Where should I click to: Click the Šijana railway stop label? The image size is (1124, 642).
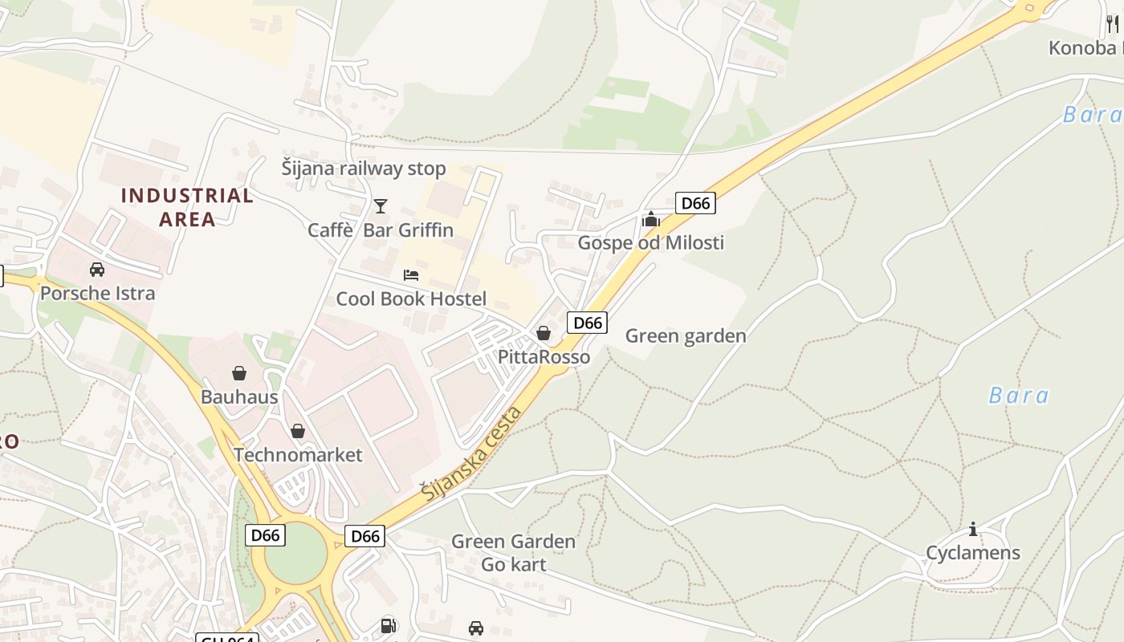click(x=363, y=169)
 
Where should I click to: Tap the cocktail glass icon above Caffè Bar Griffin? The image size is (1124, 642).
click(x=381, y=206)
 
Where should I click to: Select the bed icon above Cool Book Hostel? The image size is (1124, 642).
click(x=411, y=275)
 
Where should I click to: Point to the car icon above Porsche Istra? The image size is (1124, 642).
click(x=97, y=270)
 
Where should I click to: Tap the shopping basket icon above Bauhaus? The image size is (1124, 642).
click(x=238, y=373)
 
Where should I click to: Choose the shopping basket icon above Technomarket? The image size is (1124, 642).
click(x=298, y=431)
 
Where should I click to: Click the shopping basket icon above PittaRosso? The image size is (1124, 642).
click(x=544, y=333)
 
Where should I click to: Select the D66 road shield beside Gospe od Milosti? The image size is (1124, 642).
click(x=695, y=203)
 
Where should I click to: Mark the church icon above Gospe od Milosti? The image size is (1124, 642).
click(x=650, y=219)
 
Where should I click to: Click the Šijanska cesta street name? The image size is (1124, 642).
click(x=472, y=454)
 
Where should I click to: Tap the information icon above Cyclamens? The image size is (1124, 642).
click(x=973, y=529)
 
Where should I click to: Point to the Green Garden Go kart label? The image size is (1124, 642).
click(x=513, y=553)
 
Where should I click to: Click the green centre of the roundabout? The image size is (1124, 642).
click(x=295, y=554)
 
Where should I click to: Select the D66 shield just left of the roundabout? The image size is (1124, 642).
click(x=265, y=535)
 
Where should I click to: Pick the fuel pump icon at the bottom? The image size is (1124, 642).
click(x=388, y=626)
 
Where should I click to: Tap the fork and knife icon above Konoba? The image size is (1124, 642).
click(x=1112, y=24)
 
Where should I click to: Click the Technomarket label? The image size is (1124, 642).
click(x=298, y=455)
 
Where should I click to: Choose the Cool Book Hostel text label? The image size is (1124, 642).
click(x=411, y=299)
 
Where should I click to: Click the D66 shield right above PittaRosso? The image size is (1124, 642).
click(x=588, y=323)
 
